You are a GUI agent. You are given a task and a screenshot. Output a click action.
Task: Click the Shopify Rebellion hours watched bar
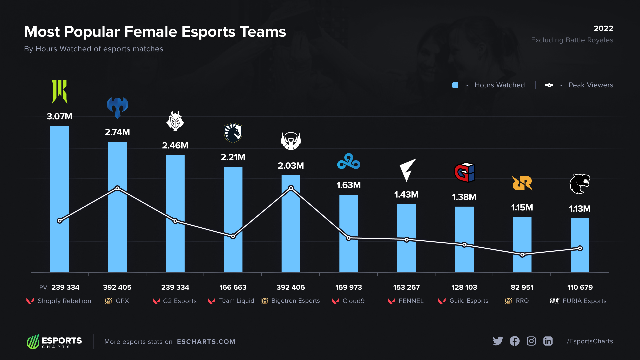(60, 200)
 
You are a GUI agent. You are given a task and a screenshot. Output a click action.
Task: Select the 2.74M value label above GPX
(117, 132)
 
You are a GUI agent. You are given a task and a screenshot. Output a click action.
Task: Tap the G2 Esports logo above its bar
(175, 121)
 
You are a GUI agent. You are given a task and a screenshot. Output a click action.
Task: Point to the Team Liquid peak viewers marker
(233, 236)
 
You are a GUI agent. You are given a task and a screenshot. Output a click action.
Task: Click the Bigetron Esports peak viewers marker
(291, 188)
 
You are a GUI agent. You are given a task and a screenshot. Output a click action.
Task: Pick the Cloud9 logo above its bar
(349, 162)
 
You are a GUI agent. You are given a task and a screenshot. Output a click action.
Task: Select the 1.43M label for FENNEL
(406, 195)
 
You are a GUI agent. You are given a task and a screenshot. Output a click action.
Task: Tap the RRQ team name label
(522, 301)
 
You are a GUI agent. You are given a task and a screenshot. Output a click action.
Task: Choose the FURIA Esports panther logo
(580, 184)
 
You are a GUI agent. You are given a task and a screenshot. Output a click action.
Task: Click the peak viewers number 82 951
(522, 287)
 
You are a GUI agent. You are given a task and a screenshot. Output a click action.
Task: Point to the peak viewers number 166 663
(233, 287)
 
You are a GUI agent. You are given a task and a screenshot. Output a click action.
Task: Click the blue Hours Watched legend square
(455, 85)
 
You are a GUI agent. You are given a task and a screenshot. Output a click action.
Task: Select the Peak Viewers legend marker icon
(549, 85)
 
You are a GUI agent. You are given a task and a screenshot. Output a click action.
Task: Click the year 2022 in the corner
(603, 28)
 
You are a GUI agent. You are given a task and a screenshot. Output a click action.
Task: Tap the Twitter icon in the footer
(498, 341)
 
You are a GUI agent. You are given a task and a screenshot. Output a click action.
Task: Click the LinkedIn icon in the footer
(548, 341)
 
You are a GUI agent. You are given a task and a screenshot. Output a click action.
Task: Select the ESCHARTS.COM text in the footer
(206, 342)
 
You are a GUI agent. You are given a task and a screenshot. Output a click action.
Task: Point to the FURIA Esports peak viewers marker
(580, 248)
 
